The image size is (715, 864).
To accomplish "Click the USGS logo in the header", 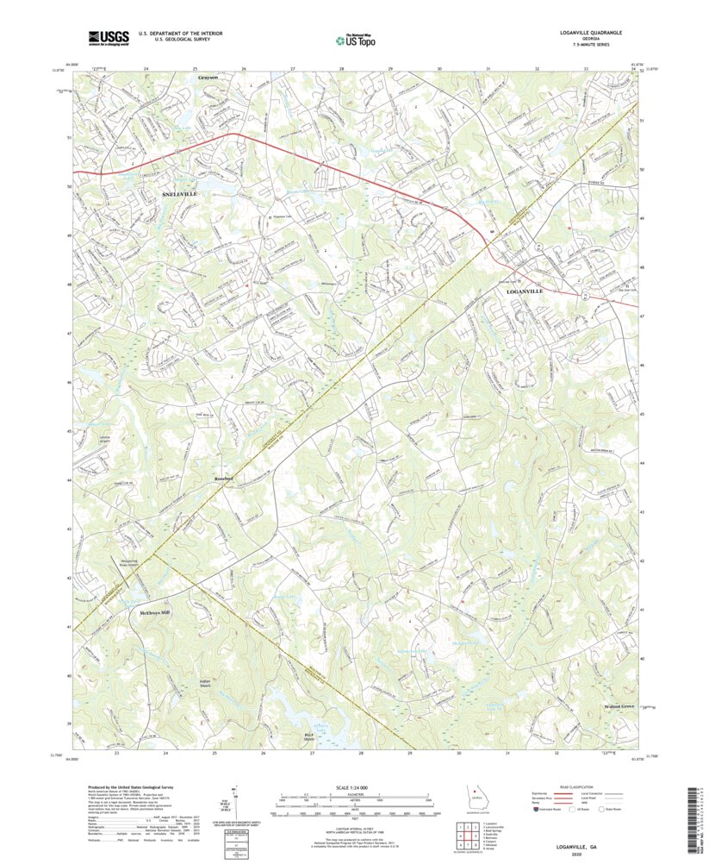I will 107,37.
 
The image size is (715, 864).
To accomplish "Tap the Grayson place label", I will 208,78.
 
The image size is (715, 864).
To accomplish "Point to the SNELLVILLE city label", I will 180,195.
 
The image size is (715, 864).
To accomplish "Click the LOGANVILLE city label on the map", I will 522,293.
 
